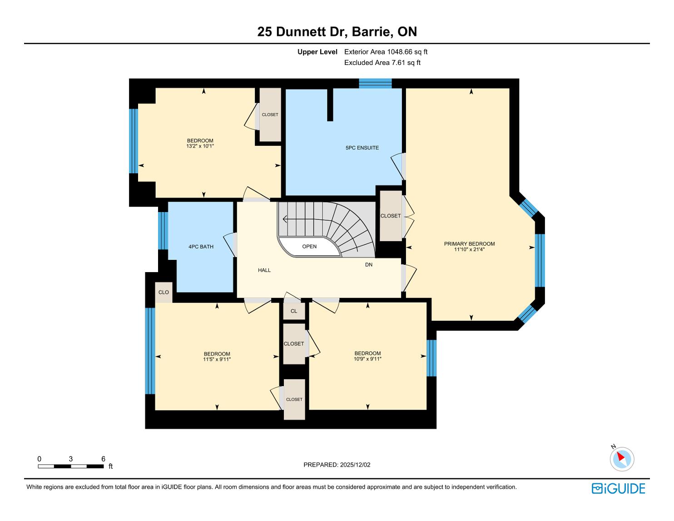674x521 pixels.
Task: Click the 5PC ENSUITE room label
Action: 362,148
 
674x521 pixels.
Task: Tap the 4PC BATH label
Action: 201,247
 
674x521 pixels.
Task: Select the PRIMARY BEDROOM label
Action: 469,244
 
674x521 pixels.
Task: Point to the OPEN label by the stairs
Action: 309,247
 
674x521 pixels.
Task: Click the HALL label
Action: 264,270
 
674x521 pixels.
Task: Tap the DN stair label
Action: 368,264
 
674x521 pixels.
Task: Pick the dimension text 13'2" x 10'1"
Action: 200,146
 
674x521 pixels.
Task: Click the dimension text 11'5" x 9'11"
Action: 217,359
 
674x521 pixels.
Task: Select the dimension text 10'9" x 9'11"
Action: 367,359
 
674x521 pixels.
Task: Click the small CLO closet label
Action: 164,293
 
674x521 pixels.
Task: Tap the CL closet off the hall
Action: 294,311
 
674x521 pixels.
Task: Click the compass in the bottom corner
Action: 622,459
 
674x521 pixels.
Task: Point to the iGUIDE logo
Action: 618,489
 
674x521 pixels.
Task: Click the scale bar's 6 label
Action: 103,459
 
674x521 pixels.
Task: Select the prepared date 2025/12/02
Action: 355,465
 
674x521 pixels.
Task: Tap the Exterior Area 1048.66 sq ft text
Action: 386,52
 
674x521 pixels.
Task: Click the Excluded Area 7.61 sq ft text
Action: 382,63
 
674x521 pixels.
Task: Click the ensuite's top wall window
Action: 375,84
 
